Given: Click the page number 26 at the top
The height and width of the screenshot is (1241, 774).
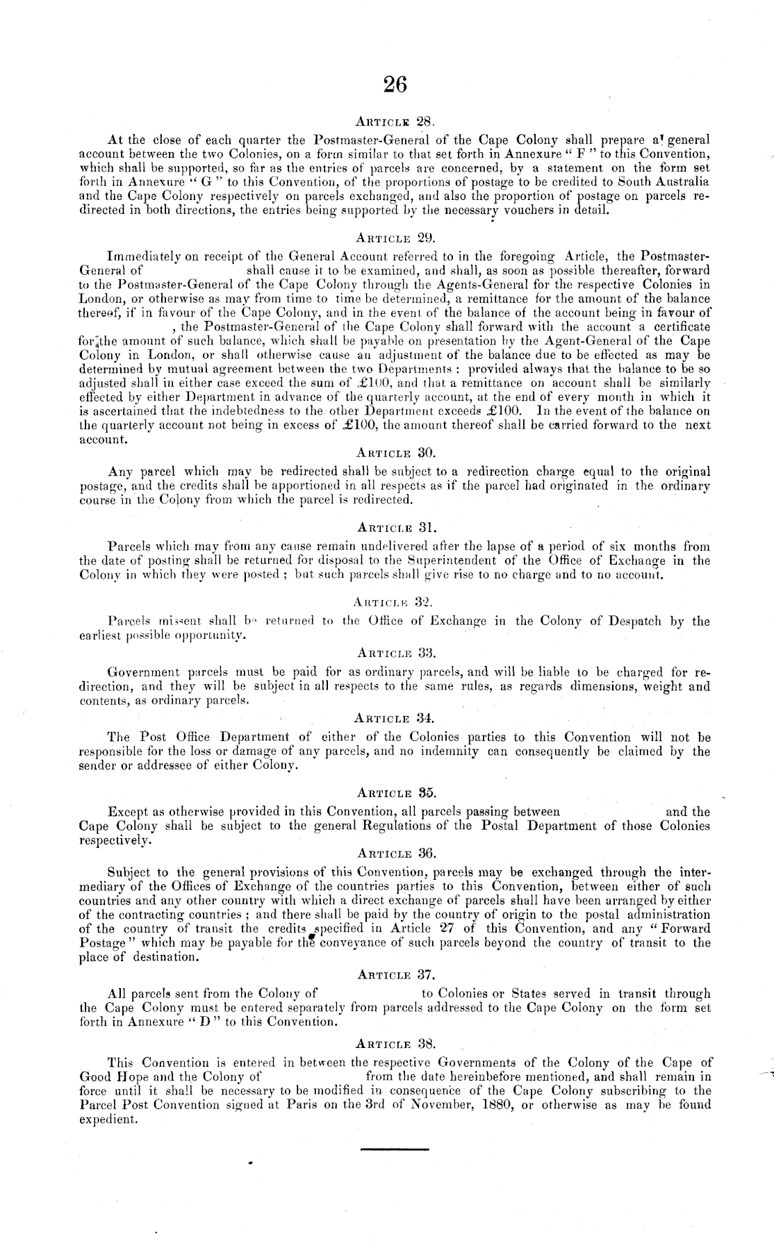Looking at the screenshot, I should (394, 85).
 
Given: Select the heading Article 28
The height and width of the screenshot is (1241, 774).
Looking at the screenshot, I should (394, 120).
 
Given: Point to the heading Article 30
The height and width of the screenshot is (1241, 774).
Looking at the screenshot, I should (394, 453).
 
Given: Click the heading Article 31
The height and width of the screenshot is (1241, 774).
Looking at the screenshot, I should (394, 527).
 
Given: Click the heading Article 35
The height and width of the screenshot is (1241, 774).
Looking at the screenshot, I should (394, 792).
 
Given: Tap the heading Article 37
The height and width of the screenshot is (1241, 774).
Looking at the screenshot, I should (394, 975).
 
